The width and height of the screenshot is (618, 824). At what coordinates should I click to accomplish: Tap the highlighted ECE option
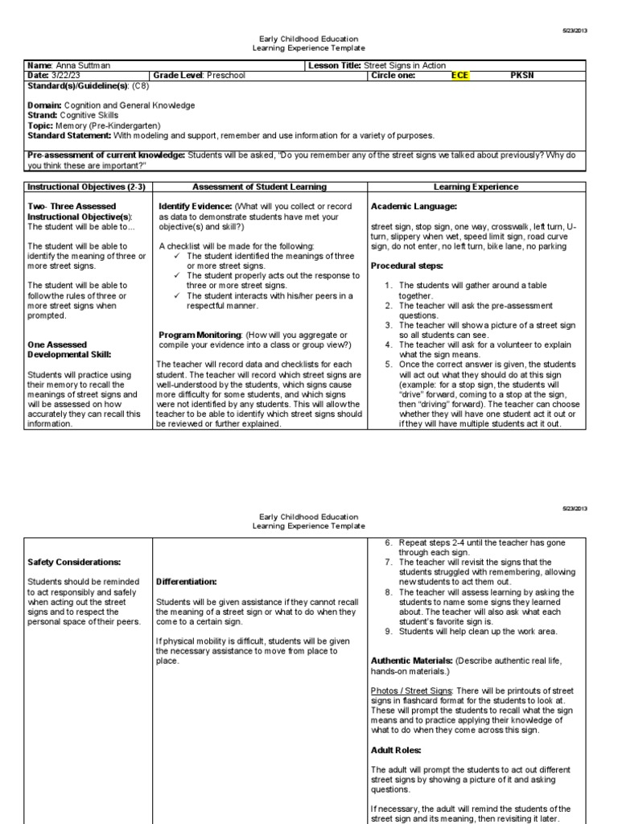point(459,76)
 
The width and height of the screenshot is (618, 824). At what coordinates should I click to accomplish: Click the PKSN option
point(522,76)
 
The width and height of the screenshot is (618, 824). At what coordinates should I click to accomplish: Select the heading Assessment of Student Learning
point(259,187)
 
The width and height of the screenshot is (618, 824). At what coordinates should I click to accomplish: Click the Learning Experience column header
point(476,187)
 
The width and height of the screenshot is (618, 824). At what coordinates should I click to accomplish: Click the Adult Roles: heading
point(394,749)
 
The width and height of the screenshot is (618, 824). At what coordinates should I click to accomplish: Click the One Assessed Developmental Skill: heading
point(69,348)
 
